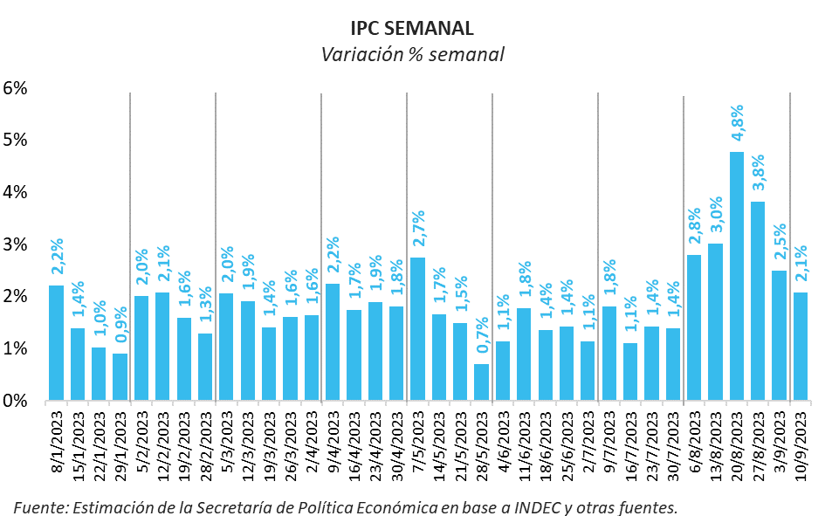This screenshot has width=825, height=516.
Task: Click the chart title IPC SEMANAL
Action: tap(412, 29)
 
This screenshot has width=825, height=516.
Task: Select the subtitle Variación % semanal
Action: tap(412, 54)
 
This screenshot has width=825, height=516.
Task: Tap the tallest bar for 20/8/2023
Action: tap(736, 276)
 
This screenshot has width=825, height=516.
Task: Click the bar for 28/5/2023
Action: tap(481, 382)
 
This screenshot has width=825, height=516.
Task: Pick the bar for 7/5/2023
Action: tap(417, 329)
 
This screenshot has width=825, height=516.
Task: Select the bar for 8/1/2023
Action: tap(56, 342)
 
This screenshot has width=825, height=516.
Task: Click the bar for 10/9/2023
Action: tap(800, 346)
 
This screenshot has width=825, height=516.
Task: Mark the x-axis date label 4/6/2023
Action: tap(504, 445)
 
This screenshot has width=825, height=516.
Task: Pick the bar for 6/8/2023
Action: tap(694, 327)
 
